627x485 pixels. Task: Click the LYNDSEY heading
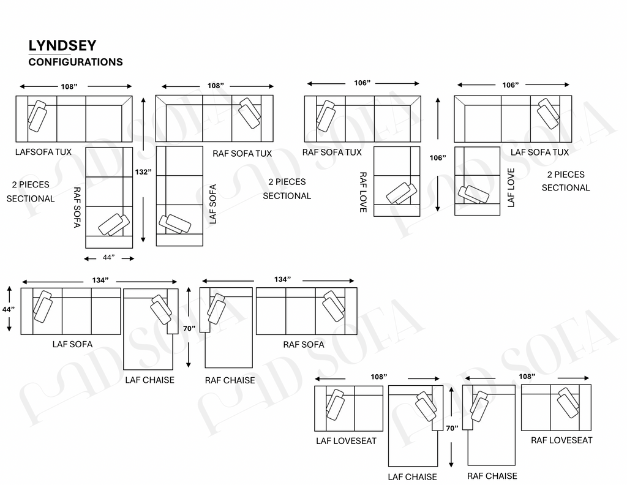click(62, 45)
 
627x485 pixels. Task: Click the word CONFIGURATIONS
click(75, 62)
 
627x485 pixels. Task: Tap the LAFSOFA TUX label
click(43, 152)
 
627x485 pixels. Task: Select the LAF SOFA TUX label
click(539, 152)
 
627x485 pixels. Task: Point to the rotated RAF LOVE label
click(363, 192)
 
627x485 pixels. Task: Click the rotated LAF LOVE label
click(511, 187)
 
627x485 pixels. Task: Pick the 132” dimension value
click(143, 172)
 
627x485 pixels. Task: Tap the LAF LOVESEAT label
click(347, 441)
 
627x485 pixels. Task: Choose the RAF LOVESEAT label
click(561, 440)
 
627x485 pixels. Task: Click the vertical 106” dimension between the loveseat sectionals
click(438, 158)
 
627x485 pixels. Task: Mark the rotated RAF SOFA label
click(77, 207)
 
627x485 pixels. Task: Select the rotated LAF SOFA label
click(212, 204)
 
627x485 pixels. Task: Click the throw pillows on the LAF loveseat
click(335, 405)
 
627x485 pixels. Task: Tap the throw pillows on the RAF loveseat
click(568, 402)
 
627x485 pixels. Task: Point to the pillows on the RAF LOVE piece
click(402, 194)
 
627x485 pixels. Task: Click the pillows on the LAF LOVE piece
click(473, 195)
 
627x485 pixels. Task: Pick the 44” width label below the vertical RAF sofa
click(108, 257)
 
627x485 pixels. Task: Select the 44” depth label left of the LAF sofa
click(9, 309)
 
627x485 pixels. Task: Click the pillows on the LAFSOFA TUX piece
click(37, 116)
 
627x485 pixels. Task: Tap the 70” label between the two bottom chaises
click(452, 428)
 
